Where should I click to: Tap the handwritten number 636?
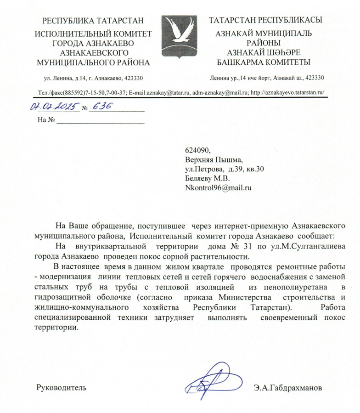click(101, 107)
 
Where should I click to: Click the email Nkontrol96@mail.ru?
click(219, 187)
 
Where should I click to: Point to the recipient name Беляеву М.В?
click(206, 178)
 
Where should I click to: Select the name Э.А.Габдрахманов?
click(287, 388)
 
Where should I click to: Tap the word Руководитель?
click(61, 388)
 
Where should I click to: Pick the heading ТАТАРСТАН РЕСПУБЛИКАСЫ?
click(265, 21)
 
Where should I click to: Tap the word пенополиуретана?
click(299, 288)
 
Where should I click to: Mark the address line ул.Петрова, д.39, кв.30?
click(224, 169)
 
